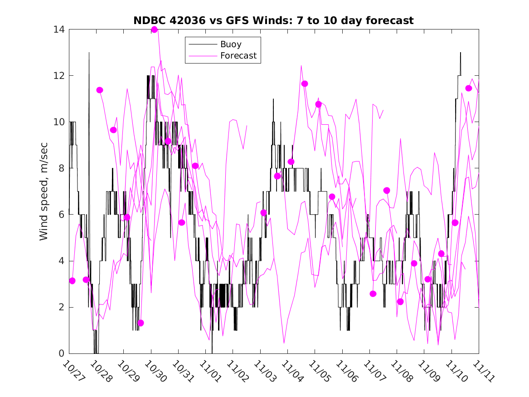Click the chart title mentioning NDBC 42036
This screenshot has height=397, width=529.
point(273,20)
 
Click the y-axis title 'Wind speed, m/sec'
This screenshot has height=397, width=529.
point(44,191)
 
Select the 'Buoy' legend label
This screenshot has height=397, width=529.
point(231,44)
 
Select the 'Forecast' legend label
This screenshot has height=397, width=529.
point(238,56)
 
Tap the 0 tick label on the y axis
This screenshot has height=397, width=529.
point(60,353)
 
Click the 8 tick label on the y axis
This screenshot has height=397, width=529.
point(60,168)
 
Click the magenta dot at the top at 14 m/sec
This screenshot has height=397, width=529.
point(154,29)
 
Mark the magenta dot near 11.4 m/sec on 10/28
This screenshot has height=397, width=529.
point(100,90)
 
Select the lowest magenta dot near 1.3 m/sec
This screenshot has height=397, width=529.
point(141,323)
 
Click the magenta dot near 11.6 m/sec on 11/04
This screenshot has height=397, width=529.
point(305,83)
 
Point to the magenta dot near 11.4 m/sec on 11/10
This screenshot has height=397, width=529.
point(469,88)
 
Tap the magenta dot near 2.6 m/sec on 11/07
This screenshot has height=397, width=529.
point(373,294)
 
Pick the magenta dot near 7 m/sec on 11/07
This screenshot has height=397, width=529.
point(387,191)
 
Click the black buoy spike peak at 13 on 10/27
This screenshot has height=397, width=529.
point(89,53)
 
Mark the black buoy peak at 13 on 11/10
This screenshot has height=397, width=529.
point(460,53)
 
